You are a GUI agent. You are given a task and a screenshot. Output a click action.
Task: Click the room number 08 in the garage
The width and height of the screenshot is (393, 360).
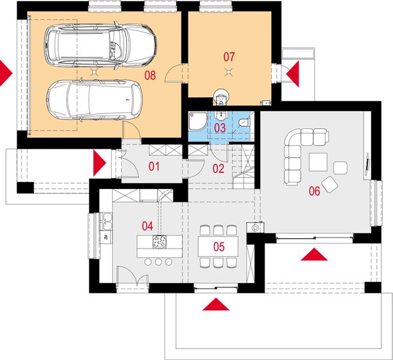pyautogui.click(x=150, y=75)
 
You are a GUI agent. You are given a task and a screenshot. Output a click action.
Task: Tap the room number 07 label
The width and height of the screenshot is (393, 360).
pyautogui.click(x=229, y=57)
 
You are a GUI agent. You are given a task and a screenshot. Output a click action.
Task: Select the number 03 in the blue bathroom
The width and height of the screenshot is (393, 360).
pyautogui.click(x=220, y=128)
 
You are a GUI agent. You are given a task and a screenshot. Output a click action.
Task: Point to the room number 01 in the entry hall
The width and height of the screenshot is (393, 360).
pyautogui.click(x=154, y=166)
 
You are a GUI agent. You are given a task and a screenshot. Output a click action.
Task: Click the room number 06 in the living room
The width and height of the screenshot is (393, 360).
pyautogui.click(x=314, y=191)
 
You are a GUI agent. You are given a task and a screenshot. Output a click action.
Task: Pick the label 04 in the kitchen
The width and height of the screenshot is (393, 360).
pyautogui.click(x=148, y=226)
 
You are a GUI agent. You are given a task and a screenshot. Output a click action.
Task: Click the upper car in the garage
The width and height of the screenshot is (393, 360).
pyautogui.click(x=100, y=46)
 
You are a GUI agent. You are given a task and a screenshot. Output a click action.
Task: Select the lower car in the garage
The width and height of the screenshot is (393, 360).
pyautogui.click(x=94, y=100)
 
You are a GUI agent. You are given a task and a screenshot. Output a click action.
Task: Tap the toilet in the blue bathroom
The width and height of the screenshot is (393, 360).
pyautogui.click(x=244, y=122)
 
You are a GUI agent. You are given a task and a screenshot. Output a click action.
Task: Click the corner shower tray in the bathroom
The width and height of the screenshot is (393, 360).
pyautogui.click(x=198, y=121)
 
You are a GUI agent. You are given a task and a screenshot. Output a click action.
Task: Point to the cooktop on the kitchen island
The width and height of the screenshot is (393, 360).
pyautogui.click(x=160, y=242)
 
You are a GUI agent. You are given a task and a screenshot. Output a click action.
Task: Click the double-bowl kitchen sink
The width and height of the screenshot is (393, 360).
pyautogui.click(x=106, y=221)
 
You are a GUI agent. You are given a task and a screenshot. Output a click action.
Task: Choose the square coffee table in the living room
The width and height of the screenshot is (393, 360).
pyautogui.click(x=318, y=162)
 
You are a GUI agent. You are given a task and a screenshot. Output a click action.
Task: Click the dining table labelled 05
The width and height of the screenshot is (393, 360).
pyautogui.click(x=218, y=247)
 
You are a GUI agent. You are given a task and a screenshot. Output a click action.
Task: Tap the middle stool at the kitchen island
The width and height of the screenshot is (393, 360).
pyautogui.click(x=158, y=262)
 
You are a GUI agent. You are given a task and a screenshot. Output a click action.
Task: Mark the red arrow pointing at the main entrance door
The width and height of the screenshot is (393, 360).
pyautogui.click(x=100, y=163)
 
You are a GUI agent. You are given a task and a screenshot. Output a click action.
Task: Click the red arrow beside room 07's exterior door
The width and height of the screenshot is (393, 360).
pyautogui.click(x=293, y=74)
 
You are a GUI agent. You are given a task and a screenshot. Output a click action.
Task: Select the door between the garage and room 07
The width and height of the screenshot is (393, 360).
pyautogui.click(x=173, y=73)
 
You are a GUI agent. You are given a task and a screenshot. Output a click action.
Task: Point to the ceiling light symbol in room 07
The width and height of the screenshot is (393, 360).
pyautogui.click(x=228, y=73)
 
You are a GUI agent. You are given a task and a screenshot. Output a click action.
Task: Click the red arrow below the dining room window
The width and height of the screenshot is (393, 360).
pyautogui.click(x=216, y=304)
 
